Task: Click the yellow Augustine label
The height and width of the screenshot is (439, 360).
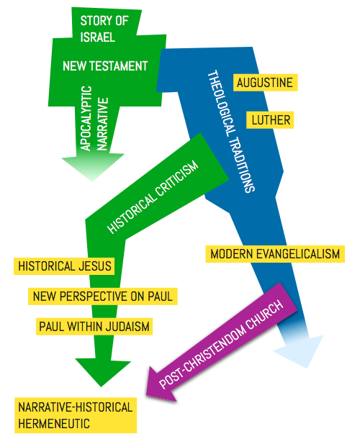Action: point(265,83)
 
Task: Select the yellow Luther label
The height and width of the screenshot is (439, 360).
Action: point(270,120)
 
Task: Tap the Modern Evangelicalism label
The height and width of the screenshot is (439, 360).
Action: point(275,254)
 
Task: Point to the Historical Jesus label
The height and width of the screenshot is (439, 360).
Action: point(64,266)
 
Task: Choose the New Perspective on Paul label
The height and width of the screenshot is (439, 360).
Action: point(103,297)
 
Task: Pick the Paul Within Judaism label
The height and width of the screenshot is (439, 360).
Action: point(94,327)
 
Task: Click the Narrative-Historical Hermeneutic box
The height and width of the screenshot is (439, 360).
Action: point(76,415)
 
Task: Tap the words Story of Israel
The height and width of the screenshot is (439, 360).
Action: point(104,29)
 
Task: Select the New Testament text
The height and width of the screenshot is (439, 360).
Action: point(105,66)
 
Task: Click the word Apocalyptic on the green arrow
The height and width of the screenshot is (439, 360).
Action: point(86,119)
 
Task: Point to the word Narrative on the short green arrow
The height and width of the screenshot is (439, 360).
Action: point(102,124)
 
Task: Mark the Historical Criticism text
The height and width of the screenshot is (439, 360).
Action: point(153,197)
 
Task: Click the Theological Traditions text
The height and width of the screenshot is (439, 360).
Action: point(231,131)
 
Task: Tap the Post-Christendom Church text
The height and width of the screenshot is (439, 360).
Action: point(221,344)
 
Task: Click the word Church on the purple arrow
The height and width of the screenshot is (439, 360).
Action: point(264,313)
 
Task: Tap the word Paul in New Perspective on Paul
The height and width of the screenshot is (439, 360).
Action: point(160,297)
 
